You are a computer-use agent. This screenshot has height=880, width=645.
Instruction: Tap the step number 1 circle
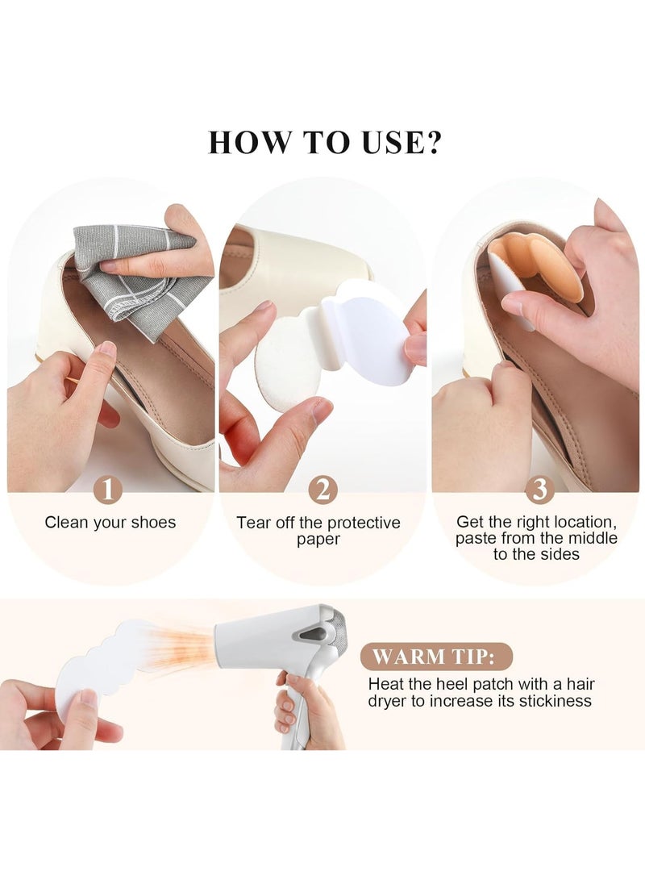pos(109,490)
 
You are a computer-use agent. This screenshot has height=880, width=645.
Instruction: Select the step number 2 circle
pos(323,490)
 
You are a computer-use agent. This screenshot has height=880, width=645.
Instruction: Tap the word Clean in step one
pos(65,523)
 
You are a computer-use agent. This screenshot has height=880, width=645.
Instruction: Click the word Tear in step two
pos(253,523)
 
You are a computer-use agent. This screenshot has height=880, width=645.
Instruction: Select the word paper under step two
pos(318,539)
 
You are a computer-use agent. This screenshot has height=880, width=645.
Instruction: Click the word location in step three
pos(582,523)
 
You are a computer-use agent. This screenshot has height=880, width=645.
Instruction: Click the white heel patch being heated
pos(93,669)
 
